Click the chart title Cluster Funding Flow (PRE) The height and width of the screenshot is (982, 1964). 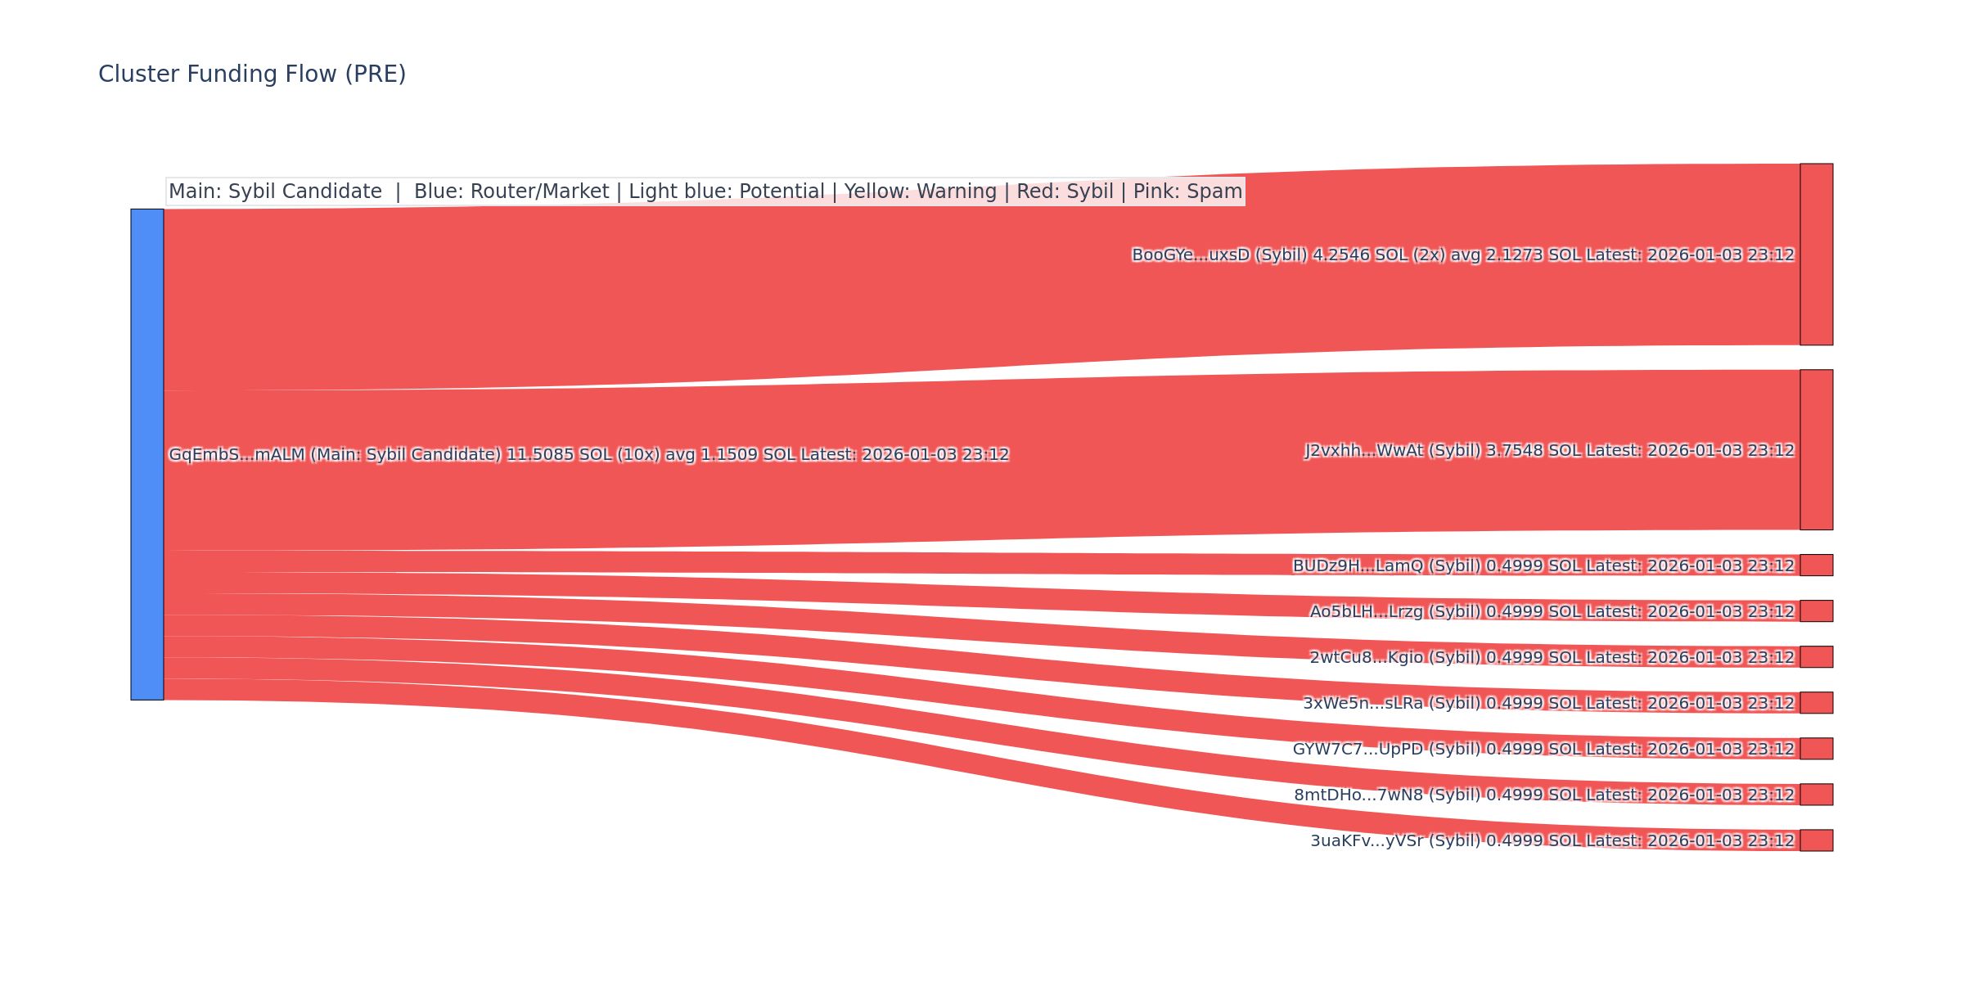pos(252,74)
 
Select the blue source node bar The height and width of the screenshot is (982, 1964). pos(147,454)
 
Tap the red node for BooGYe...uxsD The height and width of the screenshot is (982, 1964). pos(1816,255)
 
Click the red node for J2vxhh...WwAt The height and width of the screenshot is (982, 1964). pos(1816,449)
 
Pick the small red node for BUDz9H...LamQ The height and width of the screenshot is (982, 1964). pos(1816,565)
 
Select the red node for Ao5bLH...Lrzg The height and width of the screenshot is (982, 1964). pos(1816,611)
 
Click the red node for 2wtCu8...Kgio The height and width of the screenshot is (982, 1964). pos(1816,657)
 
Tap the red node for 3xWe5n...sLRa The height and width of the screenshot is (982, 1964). pos(1816,703)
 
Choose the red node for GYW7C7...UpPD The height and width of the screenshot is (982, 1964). pos(1816,749)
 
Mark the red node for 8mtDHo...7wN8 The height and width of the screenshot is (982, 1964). pos(1816,795)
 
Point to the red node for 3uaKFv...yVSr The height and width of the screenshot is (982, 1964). pos(1816,840)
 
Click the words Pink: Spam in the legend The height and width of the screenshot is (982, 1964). pos(1187,191)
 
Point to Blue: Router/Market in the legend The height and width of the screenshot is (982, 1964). pos(511,191)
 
